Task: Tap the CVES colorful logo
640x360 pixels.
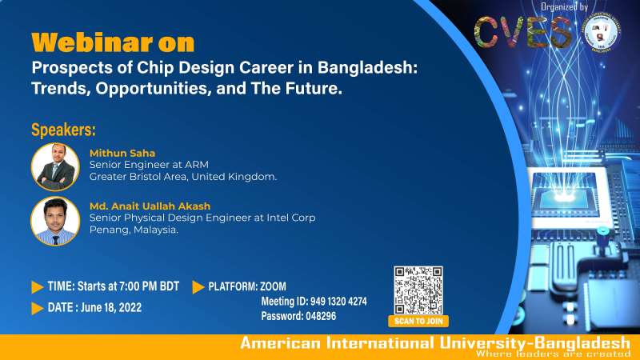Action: [523, 32]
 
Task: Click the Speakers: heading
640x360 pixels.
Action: [63, 130]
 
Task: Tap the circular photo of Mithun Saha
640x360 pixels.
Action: [54, 166]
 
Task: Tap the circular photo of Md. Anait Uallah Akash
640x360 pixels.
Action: [54, 221]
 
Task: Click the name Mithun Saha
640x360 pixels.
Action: [121, 152]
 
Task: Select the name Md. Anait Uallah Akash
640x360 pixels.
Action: [151, 206]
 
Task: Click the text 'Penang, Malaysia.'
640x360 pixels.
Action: [134, 230]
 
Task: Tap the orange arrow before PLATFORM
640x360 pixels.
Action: [198, 286]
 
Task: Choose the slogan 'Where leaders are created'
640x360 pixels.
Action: [552, 354]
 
